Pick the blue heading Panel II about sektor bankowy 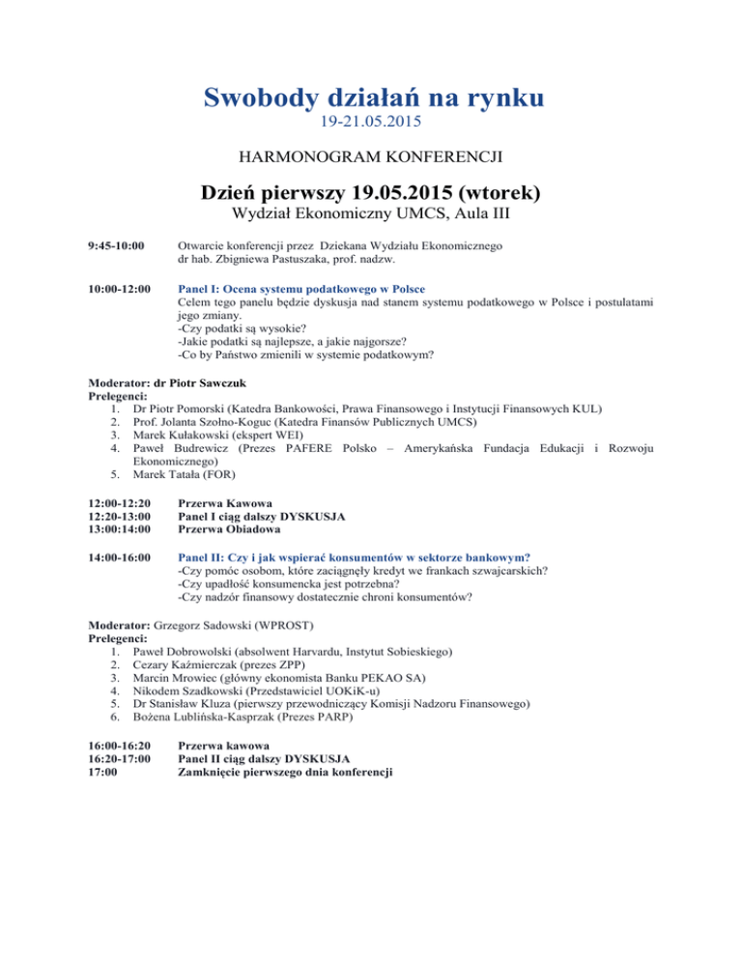(x=359, y=556)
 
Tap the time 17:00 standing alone (x=103, y=773)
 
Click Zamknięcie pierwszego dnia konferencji (x=288, y=773)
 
